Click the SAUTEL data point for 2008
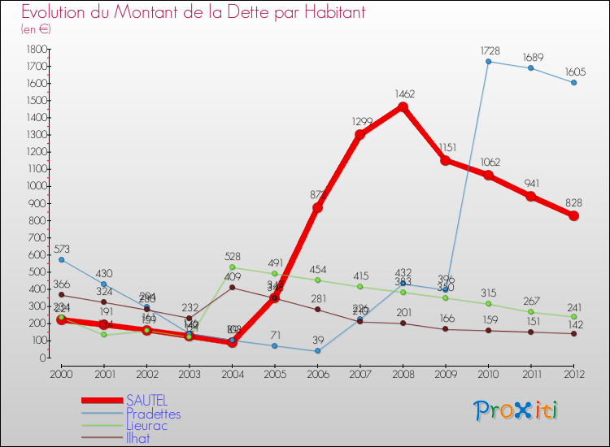tap(403, 106)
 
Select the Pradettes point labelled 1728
tap(488, 61)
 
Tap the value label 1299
tap(362, 121)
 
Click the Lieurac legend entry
tap(148, 425)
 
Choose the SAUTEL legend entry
tap(146, 401)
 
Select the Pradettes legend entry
tap(153, 413)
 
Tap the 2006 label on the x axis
tap(317, 374)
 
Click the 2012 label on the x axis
tap(573, 374)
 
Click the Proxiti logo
tap(516, 410)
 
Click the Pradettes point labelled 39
tap(317, 351)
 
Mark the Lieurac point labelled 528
tap(232, 267)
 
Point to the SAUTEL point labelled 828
tap(573, 215)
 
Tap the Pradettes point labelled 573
tap(61, 259)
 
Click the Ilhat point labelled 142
tap(573, 333)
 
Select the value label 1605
tap(573, 71)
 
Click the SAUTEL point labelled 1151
tap(446, 160)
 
